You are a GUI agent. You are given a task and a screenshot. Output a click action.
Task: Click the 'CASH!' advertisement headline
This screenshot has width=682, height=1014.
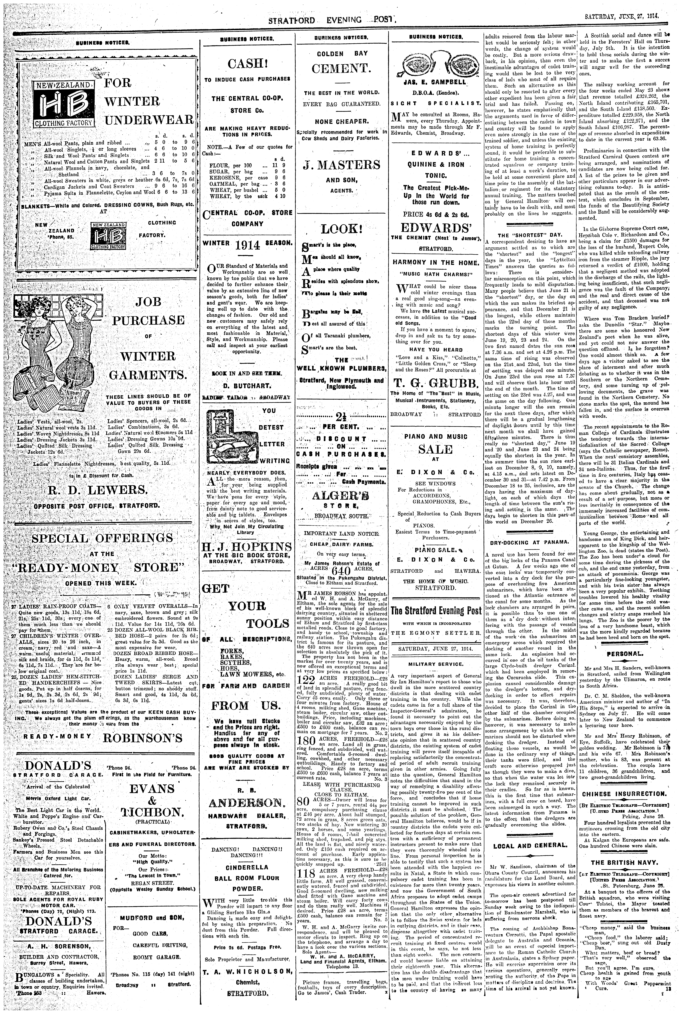247,65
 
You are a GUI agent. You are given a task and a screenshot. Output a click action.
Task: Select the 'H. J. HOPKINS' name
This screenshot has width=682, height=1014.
247,546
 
